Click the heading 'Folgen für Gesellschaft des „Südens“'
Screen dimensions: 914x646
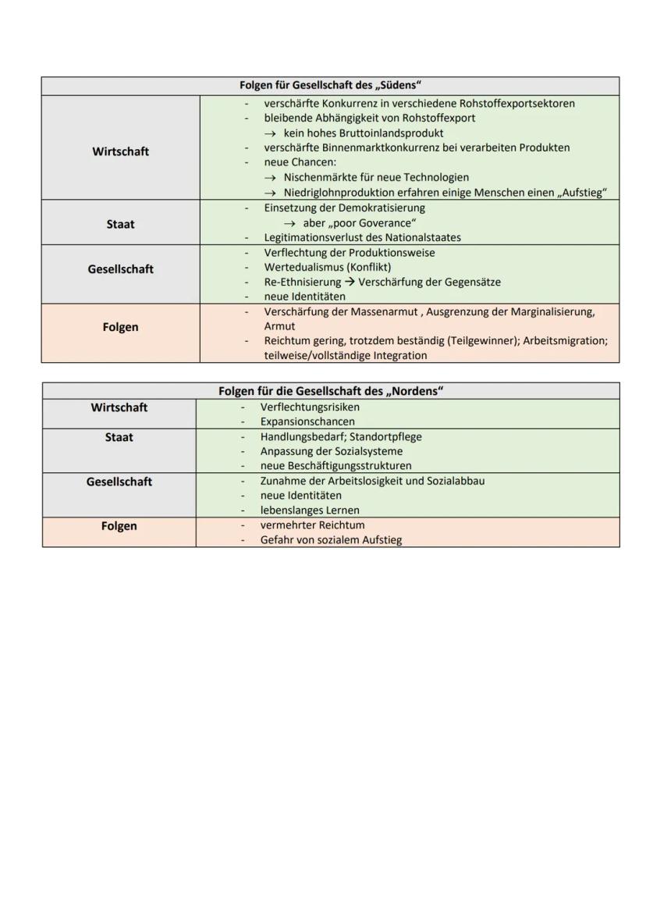coord(330,85)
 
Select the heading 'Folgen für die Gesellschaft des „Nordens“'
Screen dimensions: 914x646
coord(330,391)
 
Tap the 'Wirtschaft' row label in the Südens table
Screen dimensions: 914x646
coord(120,151)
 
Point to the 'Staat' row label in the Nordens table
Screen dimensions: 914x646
coord(119,437)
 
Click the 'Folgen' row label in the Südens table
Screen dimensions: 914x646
coord(120,327)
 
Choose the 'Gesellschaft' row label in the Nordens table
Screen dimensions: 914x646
coord(119,482)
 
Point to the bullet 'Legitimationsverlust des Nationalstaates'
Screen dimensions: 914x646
coord(362,237)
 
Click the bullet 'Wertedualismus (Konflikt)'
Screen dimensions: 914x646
coord(327,267)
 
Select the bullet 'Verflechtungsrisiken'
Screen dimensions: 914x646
coord(310,407)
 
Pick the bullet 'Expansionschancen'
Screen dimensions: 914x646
coord(307,421)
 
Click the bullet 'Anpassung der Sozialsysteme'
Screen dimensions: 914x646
coord(332,451)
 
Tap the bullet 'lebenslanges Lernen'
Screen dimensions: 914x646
coord(310,510)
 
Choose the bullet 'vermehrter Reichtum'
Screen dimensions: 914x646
coord(312,525)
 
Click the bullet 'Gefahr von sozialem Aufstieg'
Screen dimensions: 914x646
coord(331,539)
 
